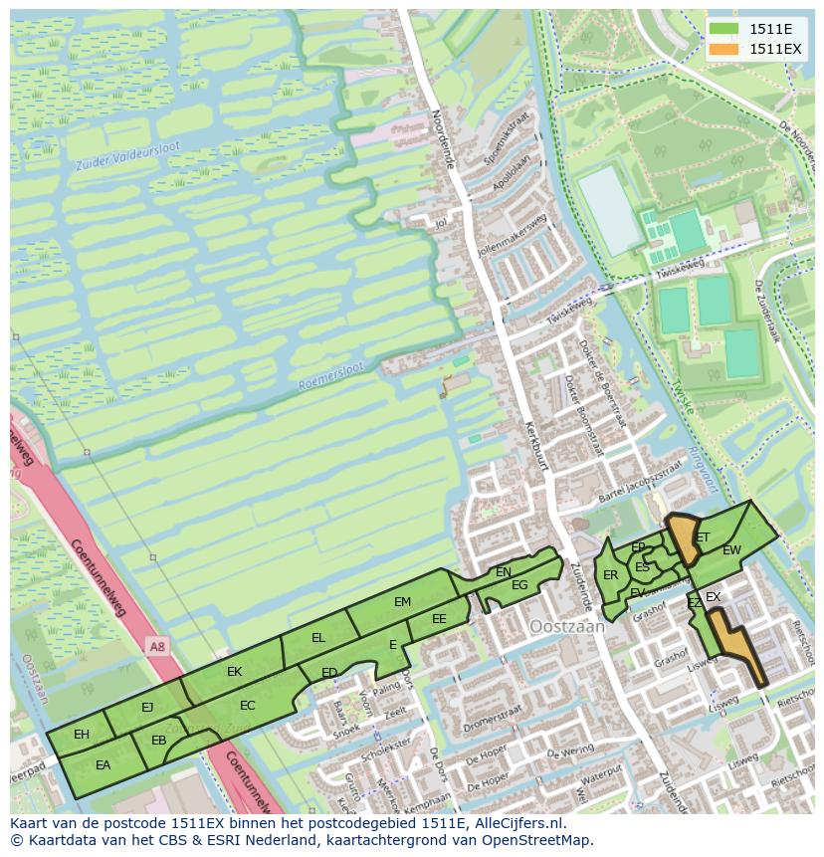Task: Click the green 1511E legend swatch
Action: [x=724, y=30]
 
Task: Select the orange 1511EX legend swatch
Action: [x=724, y=49]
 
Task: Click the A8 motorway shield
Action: [x=157, y=647]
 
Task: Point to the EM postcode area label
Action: [x=402, y=602]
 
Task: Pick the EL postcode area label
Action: [x=318, y=638]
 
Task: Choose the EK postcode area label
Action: [x=234, y=672]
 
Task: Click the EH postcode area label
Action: [x=82, y=735]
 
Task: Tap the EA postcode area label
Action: [x=103, y=765]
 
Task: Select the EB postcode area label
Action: [x=158, y=741]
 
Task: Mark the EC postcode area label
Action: [x=248, y=706]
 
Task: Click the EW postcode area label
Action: [x=731, y=550]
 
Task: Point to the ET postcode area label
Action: [x=703, y=537]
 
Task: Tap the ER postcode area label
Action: [x=611, y=575]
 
